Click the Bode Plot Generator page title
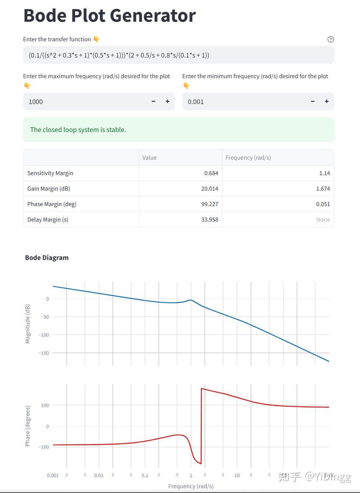click(x=109, y=16)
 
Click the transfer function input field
click(x=178, y=55)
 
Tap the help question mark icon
click(x=331, y=39)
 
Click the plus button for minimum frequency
click(x=326, y=101)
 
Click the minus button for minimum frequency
click(x=312, y=101)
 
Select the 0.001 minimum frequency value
click(x=196, y=102)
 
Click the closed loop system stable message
click(x=78, y=130)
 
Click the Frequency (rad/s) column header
click(x=248, y=158)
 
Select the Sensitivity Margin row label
click(x=50, y=173)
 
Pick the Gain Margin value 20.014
click(x=210, y=189)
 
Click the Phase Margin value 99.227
click(x=210, y=204)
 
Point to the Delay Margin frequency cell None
click(x=323, y=220)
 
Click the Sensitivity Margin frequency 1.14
click(x=324, y=173)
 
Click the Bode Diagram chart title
click(x=47, y=258)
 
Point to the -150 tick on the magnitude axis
click(x=43, y=353)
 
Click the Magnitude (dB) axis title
click(x=28, y=324)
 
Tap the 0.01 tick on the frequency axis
click(x=99, y=476)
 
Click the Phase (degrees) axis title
click(x=28, y=426)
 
